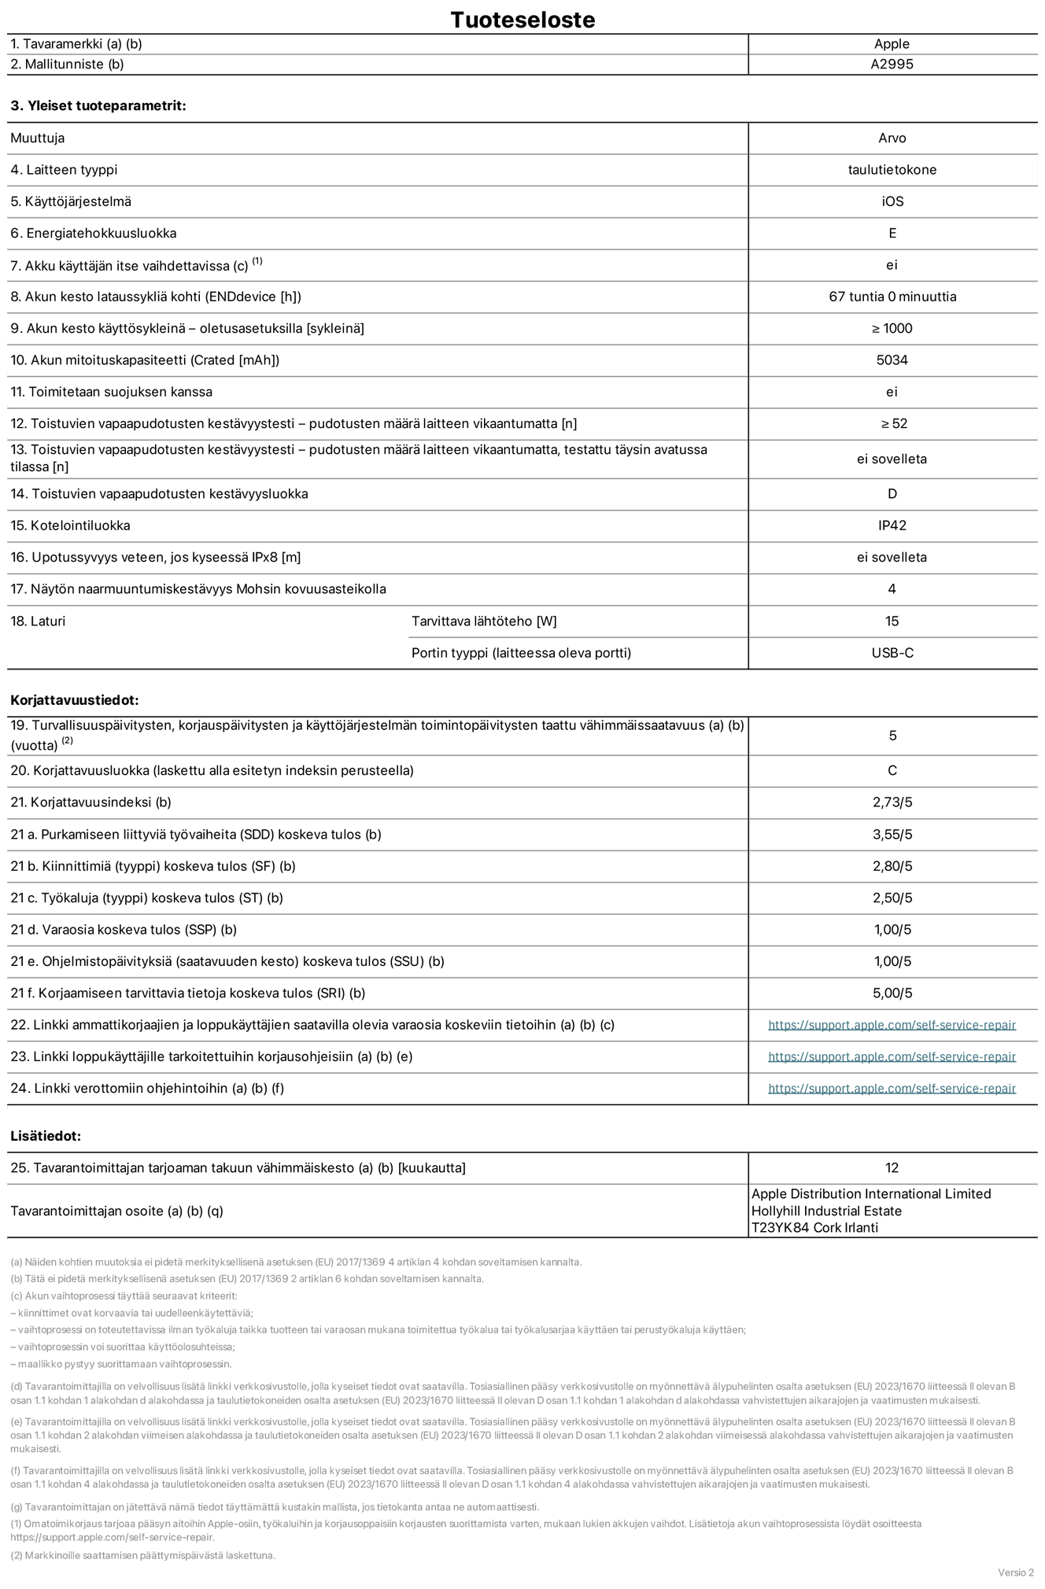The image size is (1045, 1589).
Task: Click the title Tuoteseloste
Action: [x=522, y=20]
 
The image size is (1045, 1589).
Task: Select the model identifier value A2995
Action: [x=892, y=65]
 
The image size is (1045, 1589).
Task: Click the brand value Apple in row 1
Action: [x=892, y=44]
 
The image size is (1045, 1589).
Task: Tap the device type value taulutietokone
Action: [x=892, y=170]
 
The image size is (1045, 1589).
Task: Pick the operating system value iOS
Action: [x=892, y=201]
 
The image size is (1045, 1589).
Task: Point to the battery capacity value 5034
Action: [x=892, y=360]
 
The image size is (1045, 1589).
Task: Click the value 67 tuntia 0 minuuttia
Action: [x=892, y=297]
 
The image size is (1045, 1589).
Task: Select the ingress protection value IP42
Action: [x=892, y=525]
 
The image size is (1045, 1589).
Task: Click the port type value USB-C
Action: [x=892, y=653]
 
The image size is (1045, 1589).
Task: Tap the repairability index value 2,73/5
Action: [x=892, y=802]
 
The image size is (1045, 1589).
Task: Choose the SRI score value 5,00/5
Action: [x=892, y=993]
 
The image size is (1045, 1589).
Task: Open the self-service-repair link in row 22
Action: [x=892, y=1025]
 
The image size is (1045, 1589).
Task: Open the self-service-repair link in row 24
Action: [x=892, y=1089]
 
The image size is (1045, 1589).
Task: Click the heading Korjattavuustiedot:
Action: [x=75, y=700]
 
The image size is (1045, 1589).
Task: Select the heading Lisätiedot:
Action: [x=46, y=1136]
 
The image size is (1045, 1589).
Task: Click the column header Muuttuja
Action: [x=38, y=138]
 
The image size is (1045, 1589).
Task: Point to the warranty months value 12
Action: [x=892, y=1168]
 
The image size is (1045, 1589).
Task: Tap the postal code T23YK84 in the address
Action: [x=780, y=1228]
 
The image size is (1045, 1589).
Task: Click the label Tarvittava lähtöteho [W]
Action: [x=484, y=621]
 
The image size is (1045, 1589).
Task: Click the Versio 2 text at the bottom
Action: [x=1015, y=1572]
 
